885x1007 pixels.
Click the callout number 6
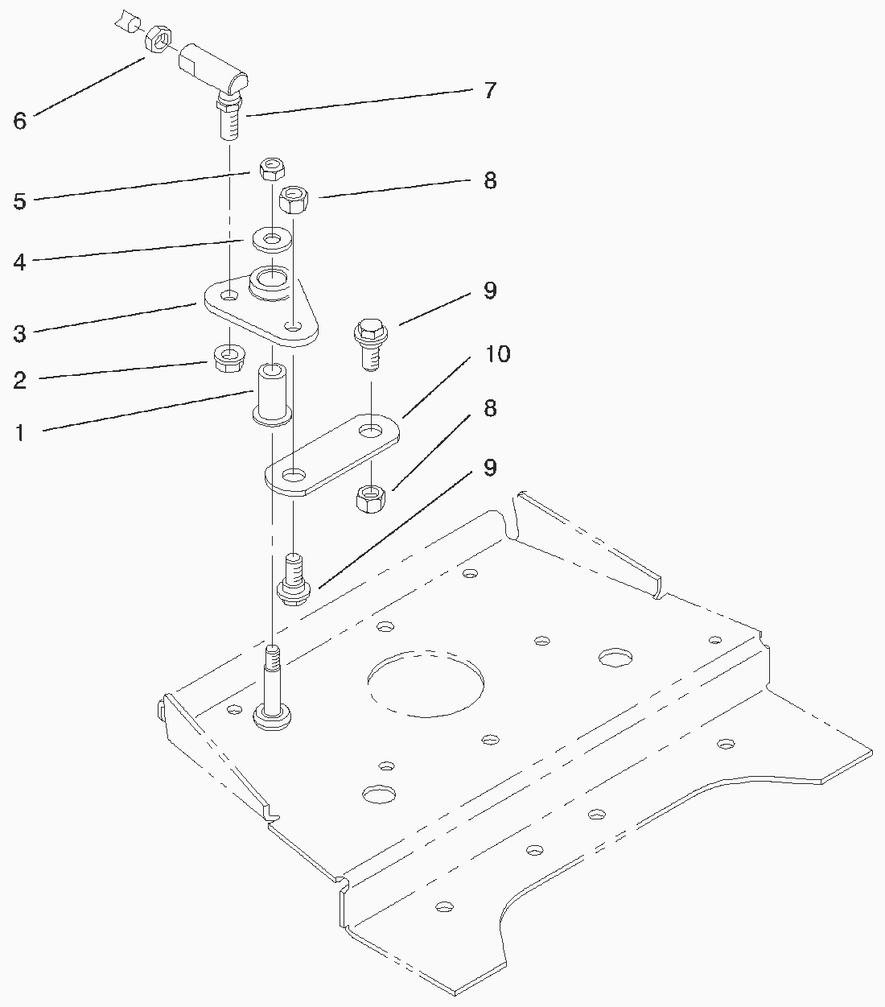tap(20, 121)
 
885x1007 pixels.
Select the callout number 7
tap(489, 90)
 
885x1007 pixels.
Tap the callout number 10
tap(497, 354)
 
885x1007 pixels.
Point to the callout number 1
tap(20, 433)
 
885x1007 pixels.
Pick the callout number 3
tap(20, 332)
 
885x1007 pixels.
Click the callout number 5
tap(20, 201)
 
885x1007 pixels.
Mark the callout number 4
tap(20, 262)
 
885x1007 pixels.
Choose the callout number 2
tap(20, 380)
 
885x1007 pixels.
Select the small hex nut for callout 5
tap(269, 170)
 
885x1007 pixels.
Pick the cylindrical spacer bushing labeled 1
tap(271, 394)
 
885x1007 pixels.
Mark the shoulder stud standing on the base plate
tap(272, 688)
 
